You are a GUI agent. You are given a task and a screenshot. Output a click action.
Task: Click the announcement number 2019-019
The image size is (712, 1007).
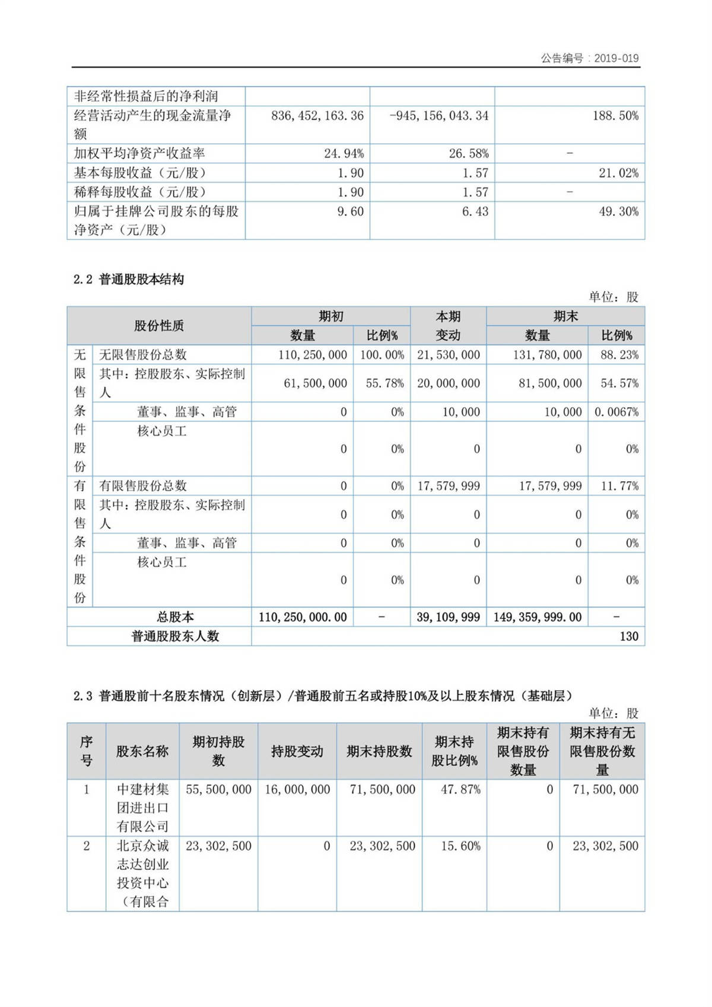[x=616, y=58]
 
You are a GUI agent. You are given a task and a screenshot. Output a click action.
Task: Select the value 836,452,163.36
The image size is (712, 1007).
[x=317, y=116]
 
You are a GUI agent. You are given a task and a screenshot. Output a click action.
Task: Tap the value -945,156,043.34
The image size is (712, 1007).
[x=439, y=116]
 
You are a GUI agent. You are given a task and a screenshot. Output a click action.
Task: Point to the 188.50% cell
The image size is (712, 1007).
[x=615, y=116]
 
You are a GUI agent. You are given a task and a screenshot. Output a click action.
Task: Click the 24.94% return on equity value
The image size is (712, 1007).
[x=344, y=154]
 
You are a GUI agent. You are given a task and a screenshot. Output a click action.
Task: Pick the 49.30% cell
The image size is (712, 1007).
[x=618, y=211]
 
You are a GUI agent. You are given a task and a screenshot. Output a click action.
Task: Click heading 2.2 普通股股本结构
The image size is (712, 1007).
[x=129, y=279]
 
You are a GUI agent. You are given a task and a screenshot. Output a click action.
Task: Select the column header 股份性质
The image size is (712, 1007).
[x=158, y=325]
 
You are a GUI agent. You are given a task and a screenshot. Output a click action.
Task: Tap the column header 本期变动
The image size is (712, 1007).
[x=448, y=325]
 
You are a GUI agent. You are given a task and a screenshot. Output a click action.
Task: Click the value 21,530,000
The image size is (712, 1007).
[x=448, y=355]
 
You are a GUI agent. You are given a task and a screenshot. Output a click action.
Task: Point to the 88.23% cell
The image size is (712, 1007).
[x=619, y=355]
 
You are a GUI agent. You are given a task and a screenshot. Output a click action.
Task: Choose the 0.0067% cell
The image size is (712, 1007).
[x=616, y=412]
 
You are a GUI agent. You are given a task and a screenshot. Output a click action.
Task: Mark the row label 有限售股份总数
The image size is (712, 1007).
[x=143, y=485]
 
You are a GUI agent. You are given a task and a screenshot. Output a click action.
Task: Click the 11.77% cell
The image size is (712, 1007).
[x=619, y=486]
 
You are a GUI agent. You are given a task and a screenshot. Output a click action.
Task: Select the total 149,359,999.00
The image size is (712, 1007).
[x=537, y=617]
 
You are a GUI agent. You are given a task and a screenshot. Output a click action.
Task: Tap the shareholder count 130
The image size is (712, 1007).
[x=628, y=636]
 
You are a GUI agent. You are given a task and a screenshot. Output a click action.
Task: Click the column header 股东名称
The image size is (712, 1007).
[x=142, y=751]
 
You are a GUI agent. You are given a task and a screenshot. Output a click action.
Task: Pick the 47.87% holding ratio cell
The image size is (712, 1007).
[x=460, y=789]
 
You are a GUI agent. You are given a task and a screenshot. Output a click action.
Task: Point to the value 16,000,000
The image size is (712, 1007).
[x=297, y=789]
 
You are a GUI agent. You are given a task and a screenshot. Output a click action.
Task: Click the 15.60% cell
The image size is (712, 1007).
[x=460, y=846]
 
